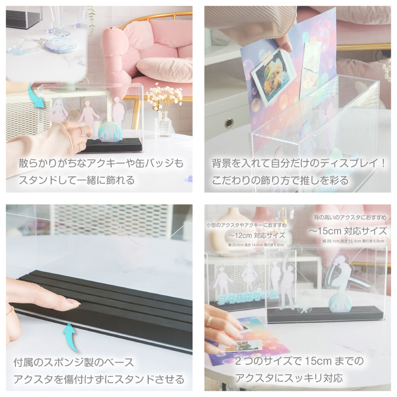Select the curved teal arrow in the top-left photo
(38, 98)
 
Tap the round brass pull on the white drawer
(229, 123)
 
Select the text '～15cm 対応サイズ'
(348, 231)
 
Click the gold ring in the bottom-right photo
(211, 321)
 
